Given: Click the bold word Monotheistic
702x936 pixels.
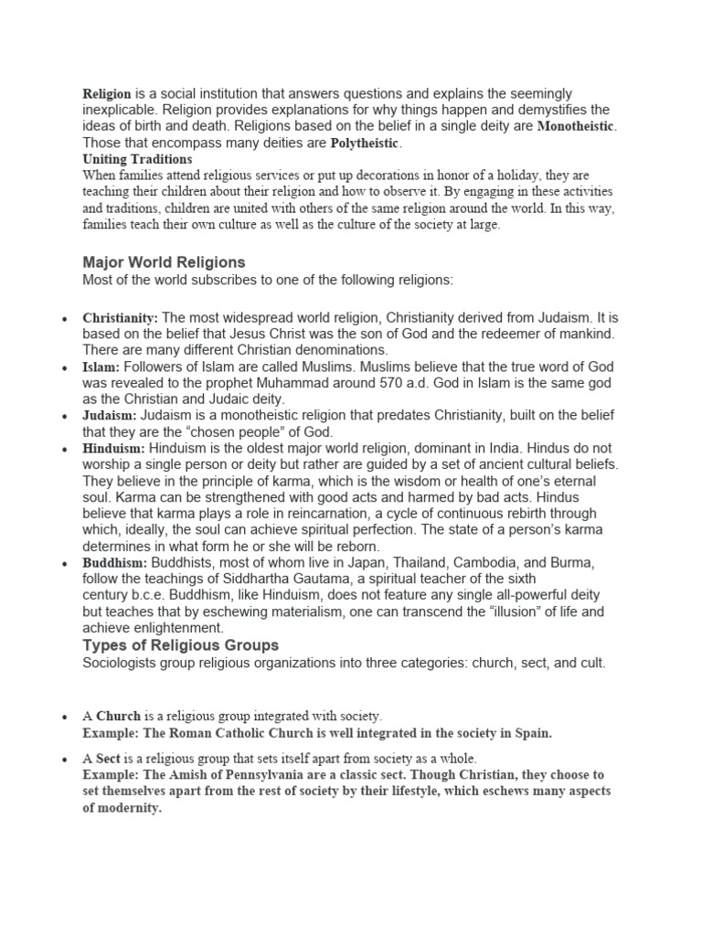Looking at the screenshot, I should [x=577, y=126].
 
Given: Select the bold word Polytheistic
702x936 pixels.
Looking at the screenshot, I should [x=365, y=144].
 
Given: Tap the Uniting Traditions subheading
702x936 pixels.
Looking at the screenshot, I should [x=137, y=159].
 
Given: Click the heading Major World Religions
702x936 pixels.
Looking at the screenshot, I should [x=164, y=262].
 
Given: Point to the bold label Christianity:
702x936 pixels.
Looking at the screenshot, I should [x=121, y=317].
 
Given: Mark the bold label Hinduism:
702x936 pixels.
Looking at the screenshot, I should [x=114, y=449].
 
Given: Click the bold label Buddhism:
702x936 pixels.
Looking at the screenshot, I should [x=116, y=563].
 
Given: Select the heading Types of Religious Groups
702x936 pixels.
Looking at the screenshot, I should [x=181, y=646].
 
